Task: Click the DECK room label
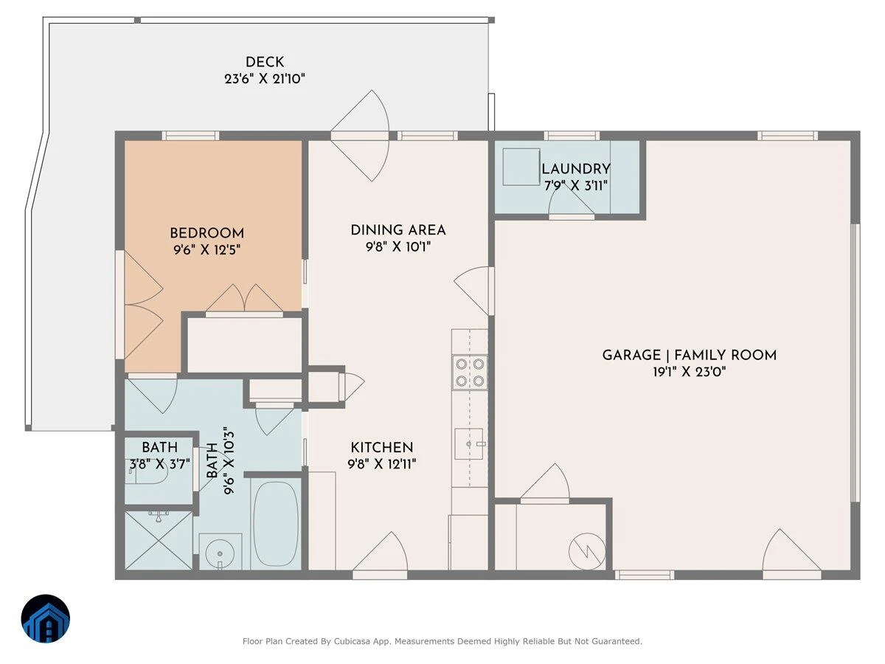coord(265,62)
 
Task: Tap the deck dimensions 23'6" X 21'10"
coord(265,79)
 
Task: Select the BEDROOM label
coord(206,233)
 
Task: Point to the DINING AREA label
coord(398,230)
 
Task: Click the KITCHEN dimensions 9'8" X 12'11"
coord(382,464)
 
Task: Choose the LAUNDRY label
coord(576,169)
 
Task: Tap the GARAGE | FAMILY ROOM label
coord(689,355)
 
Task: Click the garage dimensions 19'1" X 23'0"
coord(689,372)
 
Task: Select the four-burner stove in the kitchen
coord(470,373)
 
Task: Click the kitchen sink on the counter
coord(469,443)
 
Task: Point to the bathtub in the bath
coord(276,524)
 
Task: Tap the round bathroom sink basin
coord(220,553)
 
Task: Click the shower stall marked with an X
coord(159,540)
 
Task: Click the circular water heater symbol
coord(587,552)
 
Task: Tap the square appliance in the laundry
coord(521,167)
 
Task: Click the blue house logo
coord(46,618)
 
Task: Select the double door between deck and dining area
coord(360,136)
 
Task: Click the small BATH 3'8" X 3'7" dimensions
coord(159,464)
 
